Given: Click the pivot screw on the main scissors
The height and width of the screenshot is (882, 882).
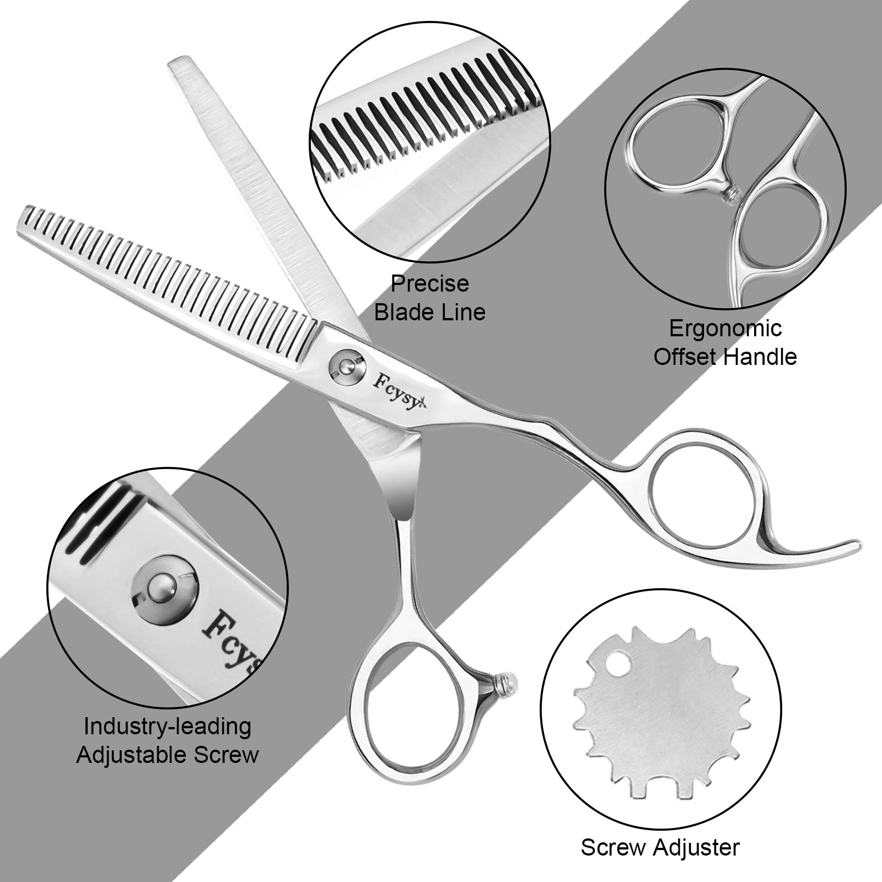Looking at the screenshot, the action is [x=346, y=364].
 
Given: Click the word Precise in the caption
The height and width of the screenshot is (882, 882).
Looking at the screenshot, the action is [x=430, y=284].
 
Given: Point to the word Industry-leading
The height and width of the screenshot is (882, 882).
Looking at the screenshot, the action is [x=168, y=727].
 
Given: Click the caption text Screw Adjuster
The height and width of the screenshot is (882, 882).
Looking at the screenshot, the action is [x=660, y=847].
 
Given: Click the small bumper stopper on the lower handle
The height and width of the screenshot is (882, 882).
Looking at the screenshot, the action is [x=508, y=684].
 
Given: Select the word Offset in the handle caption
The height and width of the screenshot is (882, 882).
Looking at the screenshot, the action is [x=686, y=357].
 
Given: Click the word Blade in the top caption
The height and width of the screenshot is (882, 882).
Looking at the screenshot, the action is [x=407, y=313].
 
